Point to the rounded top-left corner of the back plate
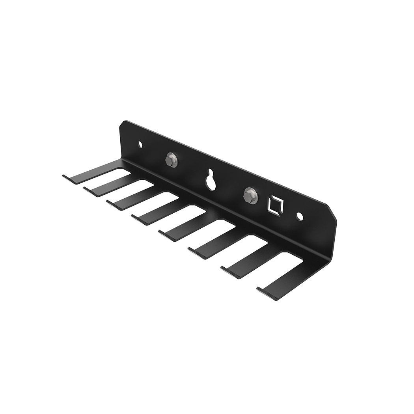coord(123,124)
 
